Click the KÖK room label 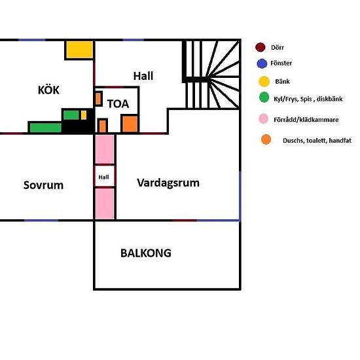coord(48,90)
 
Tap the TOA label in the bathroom coord(118,104)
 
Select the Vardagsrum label coord(168,183)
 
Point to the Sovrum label coord(43,185)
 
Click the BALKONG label coord(146,253)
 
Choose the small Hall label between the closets coord(104,177)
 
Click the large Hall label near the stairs coord(143,76)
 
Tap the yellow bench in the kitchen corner coord(80,50)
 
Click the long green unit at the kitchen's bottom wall coord(45,128)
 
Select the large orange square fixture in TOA coord(130,124)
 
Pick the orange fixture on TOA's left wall coord(98,99)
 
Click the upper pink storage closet coord(105,149)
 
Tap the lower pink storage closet coord(105,204)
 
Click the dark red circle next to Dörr coord(261,47)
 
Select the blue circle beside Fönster coord(262,63)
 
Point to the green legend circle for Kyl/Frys coord(264,98)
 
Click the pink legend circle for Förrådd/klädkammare coord(264,118)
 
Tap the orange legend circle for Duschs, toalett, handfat coord(266,139)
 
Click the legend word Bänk coord(282,82)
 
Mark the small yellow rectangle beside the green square coord(84,115)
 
